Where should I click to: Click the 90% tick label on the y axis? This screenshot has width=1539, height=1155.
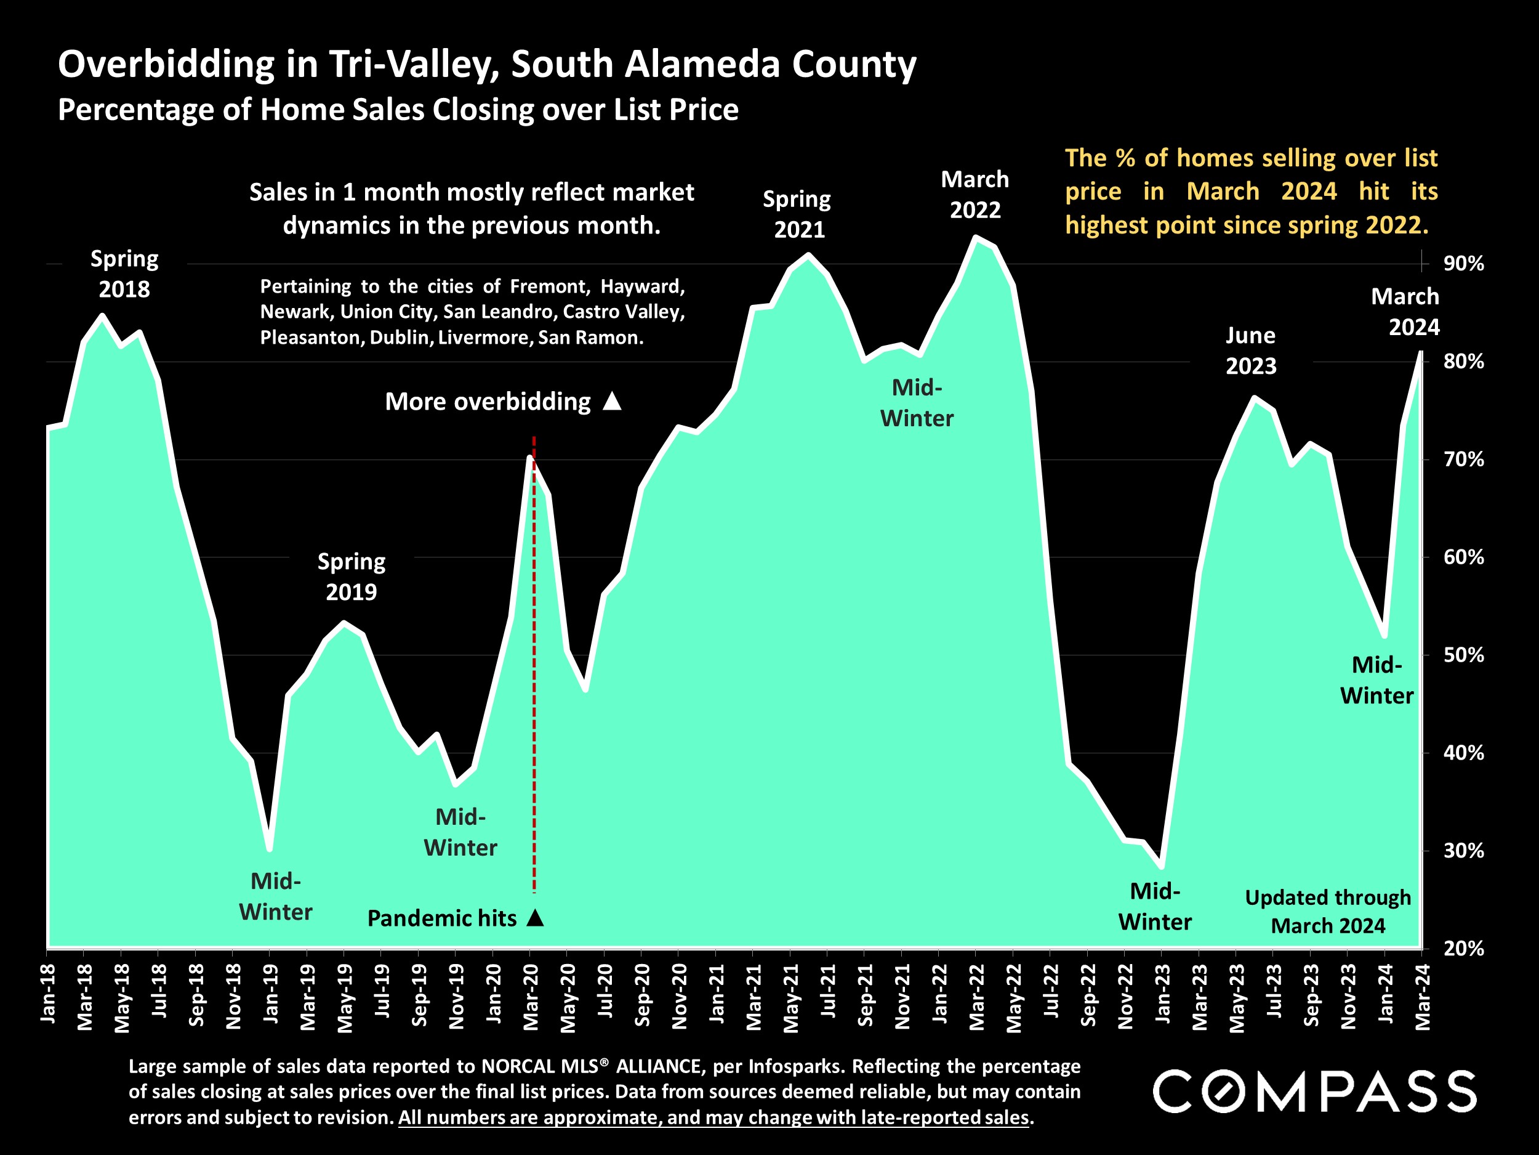1463,264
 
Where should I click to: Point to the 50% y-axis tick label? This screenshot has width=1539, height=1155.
1463,655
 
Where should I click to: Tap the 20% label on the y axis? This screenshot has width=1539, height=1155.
1463,948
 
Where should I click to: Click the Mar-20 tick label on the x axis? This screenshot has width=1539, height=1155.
530,996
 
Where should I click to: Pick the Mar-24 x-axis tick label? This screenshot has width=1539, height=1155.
1423,996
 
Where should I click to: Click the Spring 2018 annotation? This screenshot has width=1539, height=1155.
124,274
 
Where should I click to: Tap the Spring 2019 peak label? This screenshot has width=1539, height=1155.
352,577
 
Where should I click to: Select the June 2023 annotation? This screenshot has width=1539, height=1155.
1250,350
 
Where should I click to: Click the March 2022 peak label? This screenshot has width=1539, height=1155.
974,194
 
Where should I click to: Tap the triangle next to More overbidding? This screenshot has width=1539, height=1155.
611,401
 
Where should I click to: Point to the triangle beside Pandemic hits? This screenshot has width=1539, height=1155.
535,918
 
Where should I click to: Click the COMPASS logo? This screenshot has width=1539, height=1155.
1314,1092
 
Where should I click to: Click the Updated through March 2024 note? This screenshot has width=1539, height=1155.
1327,911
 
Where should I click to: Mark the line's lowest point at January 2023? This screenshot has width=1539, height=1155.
1161,867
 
